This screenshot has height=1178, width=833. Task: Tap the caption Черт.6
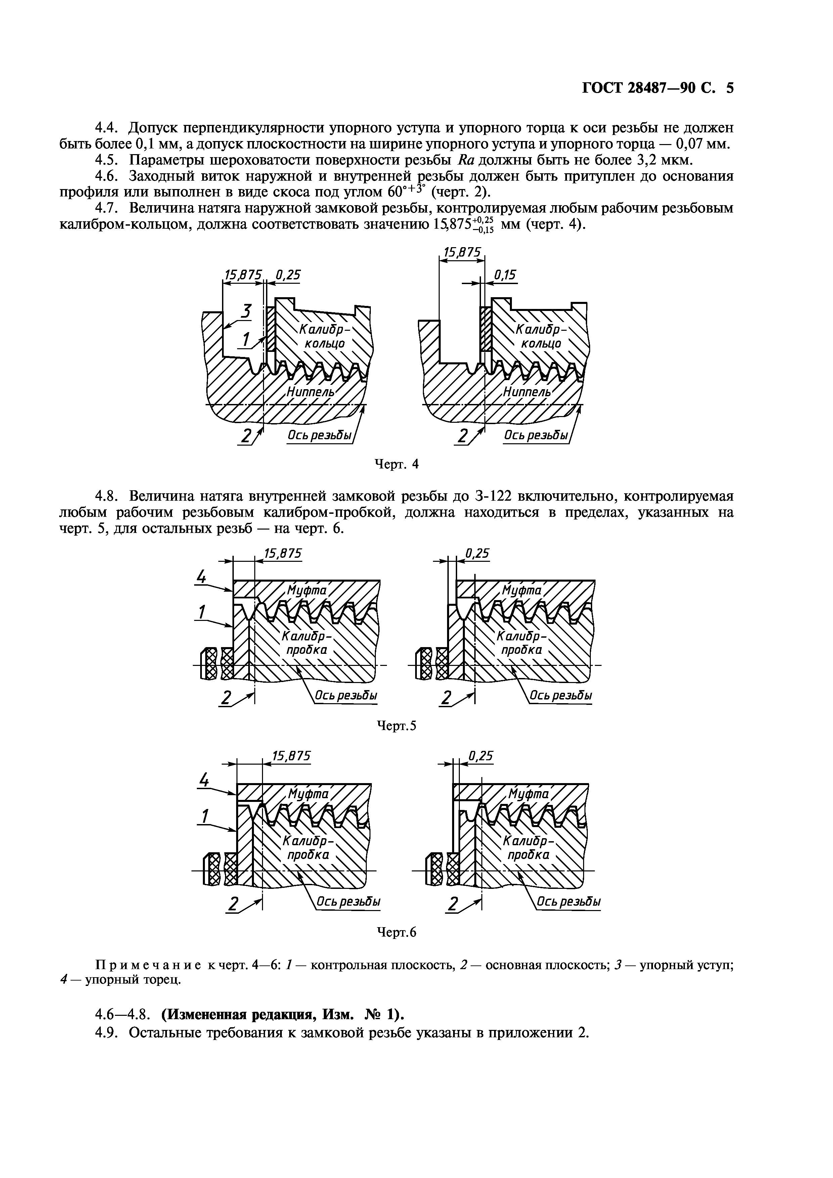coord(396,932)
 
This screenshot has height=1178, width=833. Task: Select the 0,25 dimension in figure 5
coord(477,553)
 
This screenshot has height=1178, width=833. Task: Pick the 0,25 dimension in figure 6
coord(481,756)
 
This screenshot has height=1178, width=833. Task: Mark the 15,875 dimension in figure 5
coord(282,553)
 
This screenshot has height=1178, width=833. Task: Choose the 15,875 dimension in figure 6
coord(291,756)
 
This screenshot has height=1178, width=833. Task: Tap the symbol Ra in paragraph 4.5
coord(466,160)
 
